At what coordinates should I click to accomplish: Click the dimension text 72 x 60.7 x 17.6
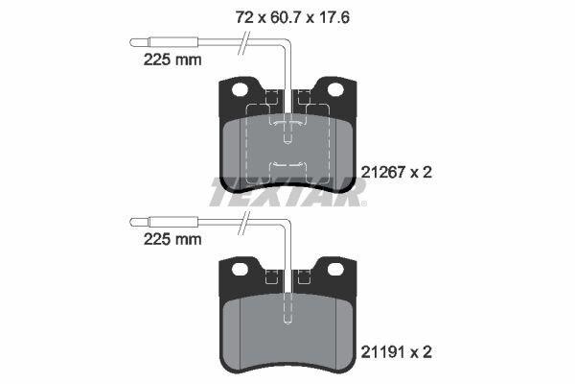[291, 15]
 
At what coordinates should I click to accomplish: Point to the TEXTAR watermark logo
[287, 193]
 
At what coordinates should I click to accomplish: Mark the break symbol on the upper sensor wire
[245, 41]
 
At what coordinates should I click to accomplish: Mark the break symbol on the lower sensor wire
[245, 221]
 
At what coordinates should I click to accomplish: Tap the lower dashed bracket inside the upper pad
[288, 165]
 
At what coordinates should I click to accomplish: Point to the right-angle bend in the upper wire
[288, 43]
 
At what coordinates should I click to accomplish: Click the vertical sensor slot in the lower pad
[288, 307]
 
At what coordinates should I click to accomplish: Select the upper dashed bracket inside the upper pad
[288, 123]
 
